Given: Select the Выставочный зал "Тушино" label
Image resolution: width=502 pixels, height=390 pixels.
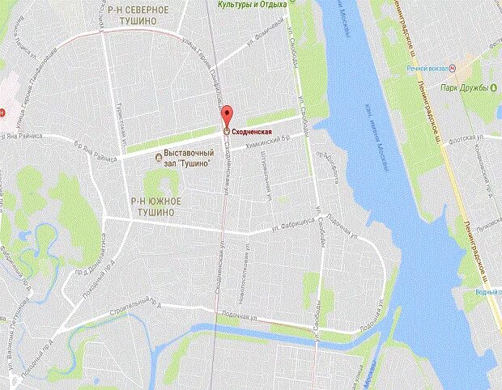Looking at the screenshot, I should [189, 158].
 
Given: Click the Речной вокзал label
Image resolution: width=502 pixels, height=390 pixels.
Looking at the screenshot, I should [427, 69].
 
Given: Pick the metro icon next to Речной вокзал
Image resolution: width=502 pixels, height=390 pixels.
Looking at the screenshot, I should [452, 69].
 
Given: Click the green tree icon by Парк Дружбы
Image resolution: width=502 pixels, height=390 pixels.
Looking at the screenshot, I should [491, 87].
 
